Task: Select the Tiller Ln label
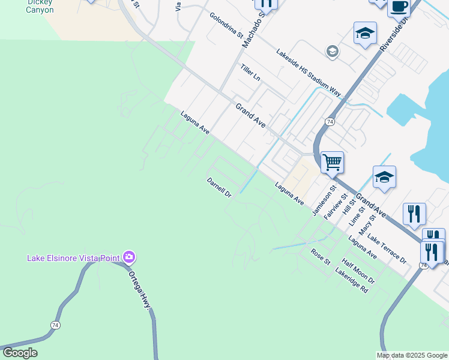click(x=250, y=73)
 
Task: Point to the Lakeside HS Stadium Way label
click(x=308, y=73)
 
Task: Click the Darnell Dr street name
click(x=219, y=187)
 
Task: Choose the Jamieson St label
click(x=322, y=202)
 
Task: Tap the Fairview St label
click(x=336, y=206)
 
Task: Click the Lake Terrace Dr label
click(x=387, y=249)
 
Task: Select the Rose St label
click(x=321, y=257)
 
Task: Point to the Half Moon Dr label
click(x=358, y=272)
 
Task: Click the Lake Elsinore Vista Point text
click(x=73, y=258)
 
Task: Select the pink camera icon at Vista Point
click(x=128, y=257)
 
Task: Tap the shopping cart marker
click(x=332, y=162)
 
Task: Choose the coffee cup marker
click(x=399, y=7)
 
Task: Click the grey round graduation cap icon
click(x=332, y=52)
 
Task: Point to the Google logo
click(x=20, y=353)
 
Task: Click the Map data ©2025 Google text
click(x=412, y=355)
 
